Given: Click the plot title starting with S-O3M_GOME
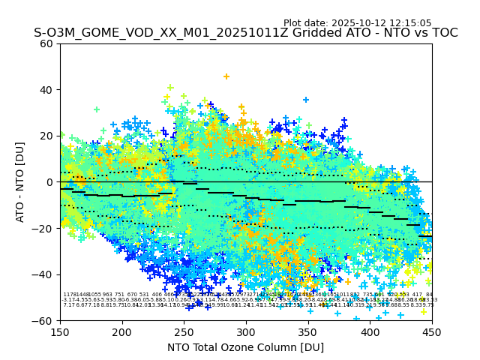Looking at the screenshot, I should pyautogui.click(x=245, y=33).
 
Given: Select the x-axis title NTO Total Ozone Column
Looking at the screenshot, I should pyautogui.click(x=245, y=347).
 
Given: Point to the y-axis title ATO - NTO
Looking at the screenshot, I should pyautogui.click(x=20, y=181).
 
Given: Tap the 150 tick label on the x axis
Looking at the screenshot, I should pyautogui.click(x=60, y=331).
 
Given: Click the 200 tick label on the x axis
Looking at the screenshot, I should pyautogui.click(x=122, y=331).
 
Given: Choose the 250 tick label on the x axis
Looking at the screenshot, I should pyautogui.click(x=184, y=331).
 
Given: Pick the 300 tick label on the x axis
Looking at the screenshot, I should pyautogui.click(x=246, y=331).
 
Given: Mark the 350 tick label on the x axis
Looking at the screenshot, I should pyautogui.click(x=308, y=331).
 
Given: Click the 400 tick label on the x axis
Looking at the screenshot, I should pyautogui.click(x=370, y=331).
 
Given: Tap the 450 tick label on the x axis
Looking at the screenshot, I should pyautogui.click(x=432, y=331).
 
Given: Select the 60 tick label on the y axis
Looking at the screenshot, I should pyautogui.click(x=46, y=43).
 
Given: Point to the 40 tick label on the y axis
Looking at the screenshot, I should pyautogui.click(x=46, y=90).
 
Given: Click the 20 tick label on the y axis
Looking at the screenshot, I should pyautogui.click(x=46, y=136).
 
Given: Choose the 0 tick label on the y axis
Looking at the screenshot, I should pyautogui.click(x=49, y=182).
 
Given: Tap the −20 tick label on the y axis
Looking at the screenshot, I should pyautogui.click(x=43, y=228).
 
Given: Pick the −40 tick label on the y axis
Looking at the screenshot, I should pyautogui.click(x=43, y=274).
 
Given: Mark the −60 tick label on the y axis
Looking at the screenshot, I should pyautogui.click(x=43, y=320).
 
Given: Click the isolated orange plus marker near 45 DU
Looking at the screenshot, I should pyautogui.click(x=226, y=76).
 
